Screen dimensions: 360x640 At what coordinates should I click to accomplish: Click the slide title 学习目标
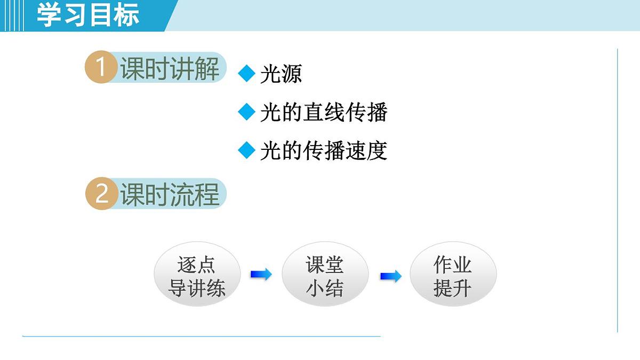[x=88, y=15]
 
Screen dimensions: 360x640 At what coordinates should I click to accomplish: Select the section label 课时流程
[x=170, y=194]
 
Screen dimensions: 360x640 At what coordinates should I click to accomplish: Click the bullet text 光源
[x=281, y=74]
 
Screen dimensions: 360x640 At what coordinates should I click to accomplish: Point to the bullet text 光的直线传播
[x=324, y=113]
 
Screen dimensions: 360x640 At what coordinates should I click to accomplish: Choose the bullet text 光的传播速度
[x=323, y=151]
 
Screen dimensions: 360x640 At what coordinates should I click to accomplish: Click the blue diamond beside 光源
[x=247, y=74]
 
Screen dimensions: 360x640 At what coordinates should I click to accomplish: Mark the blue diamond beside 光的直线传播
[x=247, y=112]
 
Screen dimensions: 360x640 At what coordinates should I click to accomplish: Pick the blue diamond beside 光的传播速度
[x=247, y=150]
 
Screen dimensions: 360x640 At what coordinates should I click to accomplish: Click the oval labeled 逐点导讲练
[x=197, y=277]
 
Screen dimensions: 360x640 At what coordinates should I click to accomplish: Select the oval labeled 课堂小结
[x=325, y=277]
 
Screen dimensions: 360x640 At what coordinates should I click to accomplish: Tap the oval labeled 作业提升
[x=453, y=277]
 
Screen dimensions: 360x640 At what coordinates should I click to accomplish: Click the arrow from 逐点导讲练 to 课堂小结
[x=261, y=275]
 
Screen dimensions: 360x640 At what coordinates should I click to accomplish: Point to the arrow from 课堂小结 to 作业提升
[x=391, y=276]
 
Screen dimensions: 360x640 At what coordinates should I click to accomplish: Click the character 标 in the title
[x=126, y=15]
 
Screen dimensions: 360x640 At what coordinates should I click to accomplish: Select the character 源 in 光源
[x=291, y=74]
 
